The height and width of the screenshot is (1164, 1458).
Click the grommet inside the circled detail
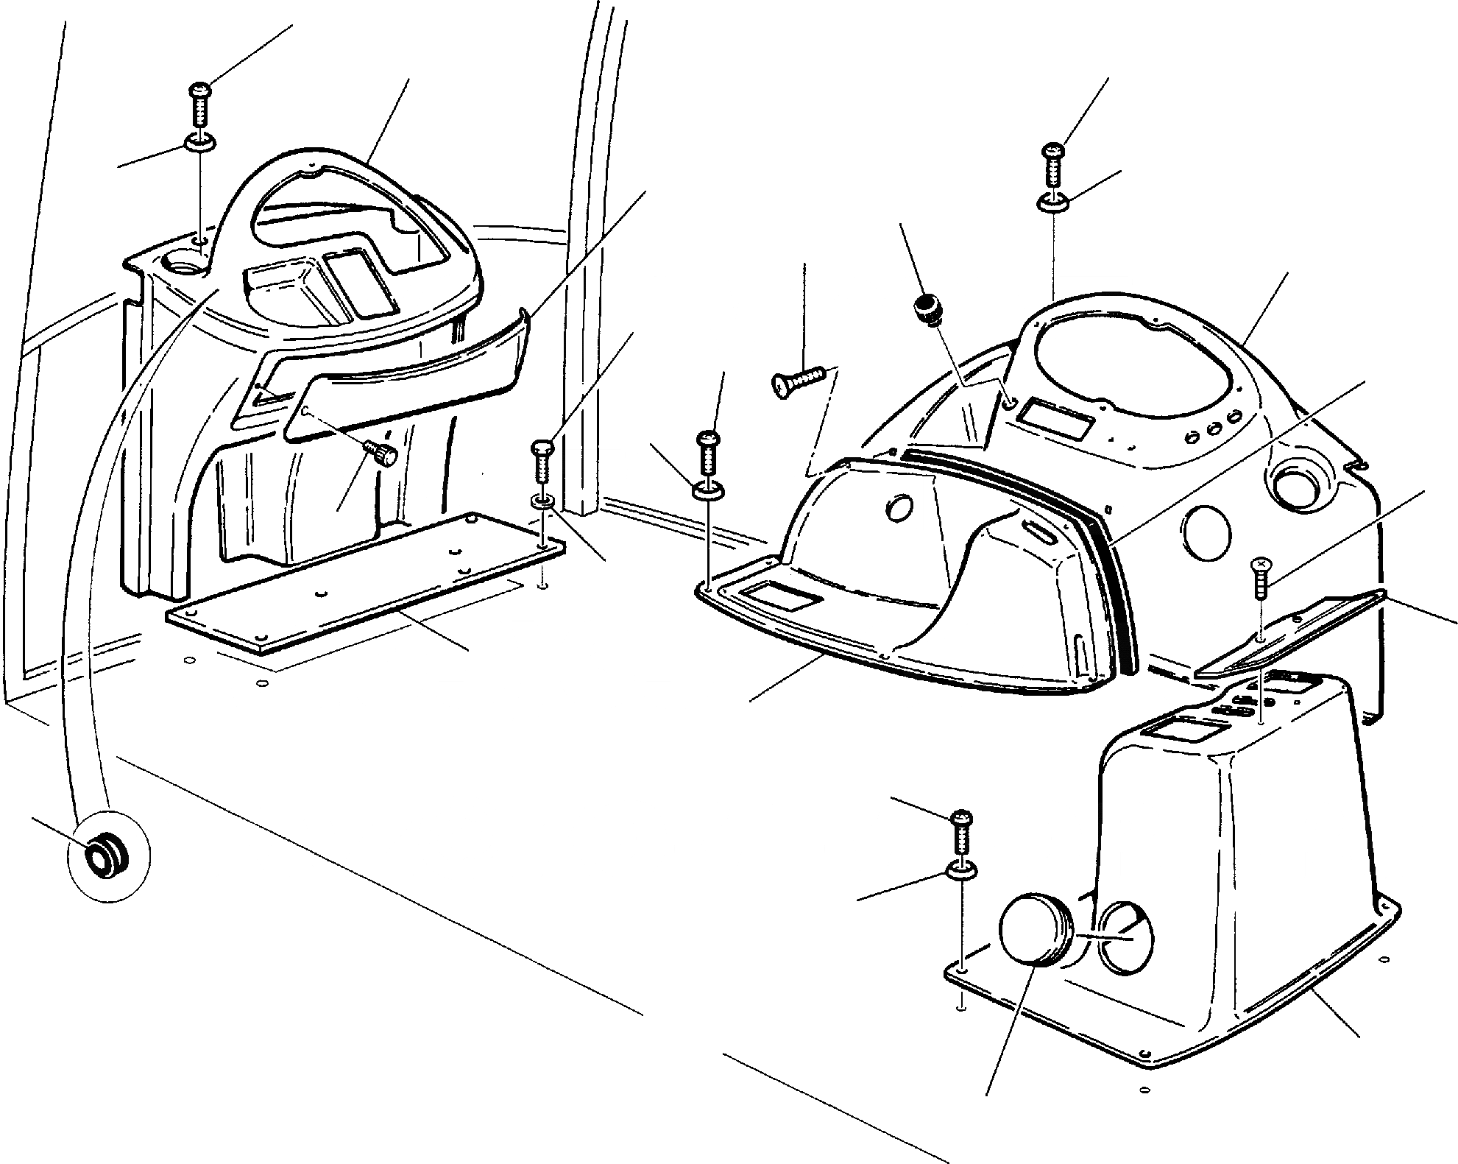coord(100,858)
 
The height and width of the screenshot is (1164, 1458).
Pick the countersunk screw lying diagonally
coord(800,381)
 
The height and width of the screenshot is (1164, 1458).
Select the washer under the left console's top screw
coord(199,141)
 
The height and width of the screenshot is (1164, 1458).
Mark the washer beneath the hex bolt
coord(542,501)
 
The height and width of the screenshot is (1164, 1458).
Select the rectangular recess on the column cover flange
coord(781,599)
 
